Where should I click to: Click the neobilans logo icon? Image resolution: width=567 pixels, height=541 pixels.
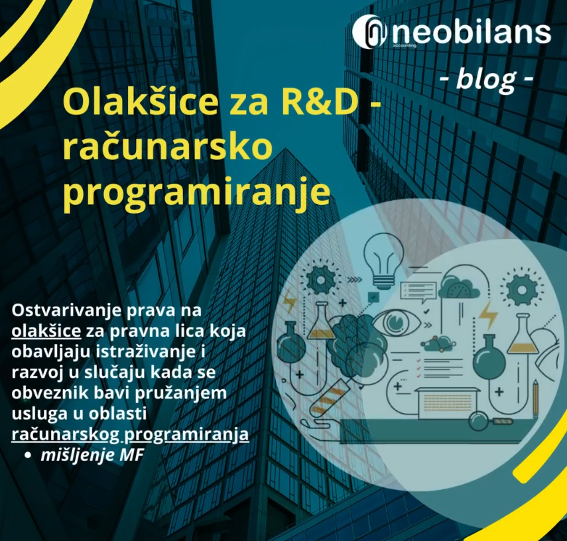(369, 32)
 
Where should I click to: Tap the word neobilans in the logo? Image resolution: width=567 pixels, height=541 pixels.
(472, 32)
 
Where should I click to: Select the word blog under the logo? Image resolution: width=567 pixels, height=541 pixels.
(486, 80)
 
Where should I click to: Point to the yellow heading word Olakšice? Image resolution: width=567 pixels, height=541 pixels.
(141, 101)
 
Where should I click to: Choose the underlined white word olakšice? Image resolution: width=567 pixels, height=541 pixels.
(46, 331)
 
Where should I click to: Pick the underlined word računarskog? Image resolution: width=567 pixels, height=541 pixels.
(66, 434)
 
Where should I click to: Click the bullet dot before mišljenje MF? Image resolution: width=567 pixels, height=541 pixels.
(27, 455)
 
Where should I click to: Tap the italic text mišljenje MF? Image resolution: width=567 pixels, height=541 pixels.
(92, 455)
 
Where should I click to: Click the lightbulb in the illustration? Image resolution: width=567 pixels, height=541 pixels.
(383, 259)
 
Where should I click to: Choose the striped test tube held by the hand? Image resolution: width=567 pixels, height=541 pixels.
(328, 398)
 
